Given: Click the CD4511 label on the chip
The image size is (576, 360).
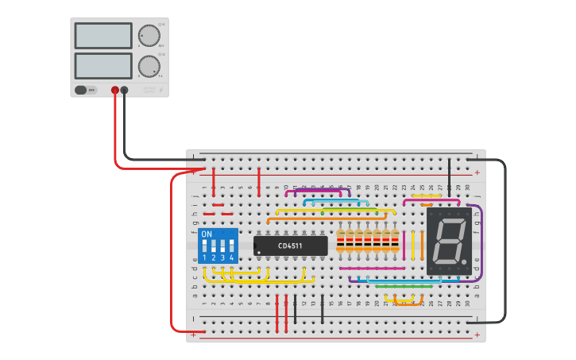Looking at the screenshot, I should pos(290,246).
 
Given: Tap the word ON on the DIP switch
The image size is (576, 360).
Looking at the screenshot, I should pos(207,234).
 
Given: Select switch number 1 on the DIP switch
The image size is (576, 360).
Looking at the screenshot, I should pos(204,246).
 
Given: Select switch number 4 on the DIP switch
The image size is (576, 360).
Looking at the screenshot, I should pos(231,246).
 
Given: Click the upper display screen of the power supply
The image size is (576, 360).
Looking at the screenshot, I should pos(103,36).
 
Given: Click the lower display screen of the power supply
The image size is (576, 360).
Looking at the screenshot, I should pos(103,65).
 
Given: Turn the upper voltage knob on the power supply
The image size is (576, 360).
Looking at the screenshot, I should pos(149,36).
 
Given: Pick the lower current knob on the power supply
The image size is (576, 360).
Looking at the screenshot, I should pos(149,65).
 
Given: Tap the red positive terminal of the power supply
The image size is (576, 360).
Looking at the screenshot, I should pos(115,91).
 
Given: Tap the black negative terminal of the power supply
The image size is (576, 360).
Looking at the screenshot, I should pos(124,91).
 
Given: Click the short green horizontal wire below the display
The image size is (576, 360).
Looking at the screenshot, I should pos(404,285).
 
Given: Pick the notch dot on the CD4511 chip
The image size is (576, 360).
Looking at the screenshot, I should pos(259,253).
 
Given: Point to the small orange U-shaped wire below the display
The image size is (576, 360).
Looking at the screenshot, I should pos(408,304).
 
